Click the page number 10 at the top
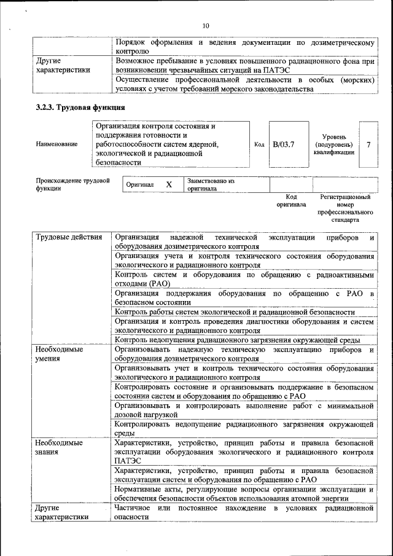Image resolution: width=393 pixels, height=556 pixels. tap(206, 25)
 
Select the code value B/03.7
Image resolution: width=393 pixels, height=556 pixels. tap(284, 144)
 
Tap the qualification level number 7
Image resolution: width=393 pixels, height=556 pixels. tap(368, 144)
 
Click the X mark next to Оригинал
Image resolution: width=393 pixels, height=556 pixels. tap(169, 184)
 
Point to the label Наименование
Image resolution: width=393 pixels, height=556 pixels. tap(56, 144)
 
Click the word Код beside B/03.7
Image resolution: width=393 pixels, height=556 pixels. tap(259, 144)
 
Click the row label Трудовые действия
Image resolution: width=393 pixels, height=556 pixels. tap(68, 237)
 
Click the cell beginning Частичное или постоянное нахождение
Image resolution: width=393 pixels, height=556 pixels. tap(244, 512)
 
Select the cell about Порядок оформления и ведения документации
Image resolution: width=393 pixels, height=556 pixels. tap(244, 47)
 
